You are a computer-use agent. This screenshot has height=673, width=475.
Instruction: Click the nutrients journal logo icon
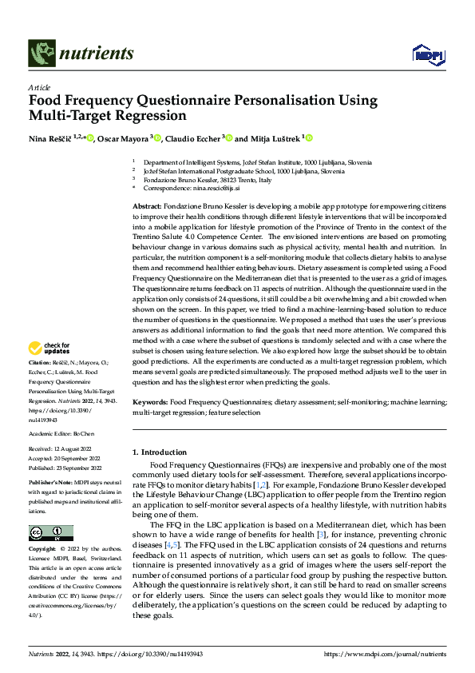(x=41, y=54)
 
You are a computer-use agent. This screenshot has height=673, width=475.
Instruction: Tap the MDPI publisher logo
(x=424, y=53)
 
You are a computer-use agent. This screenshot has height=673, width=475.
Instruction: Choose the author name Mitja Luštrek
(x=275, y=138)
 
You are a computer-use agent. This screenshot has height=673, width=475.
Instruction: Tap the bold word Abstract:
(x=148, y=206)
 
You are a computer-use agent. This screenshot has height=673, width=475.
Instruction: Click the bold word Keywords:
(x=150, y=402)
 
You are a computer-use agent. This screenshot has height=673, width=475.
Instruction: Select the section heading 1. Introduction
(x=160, y=452)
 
